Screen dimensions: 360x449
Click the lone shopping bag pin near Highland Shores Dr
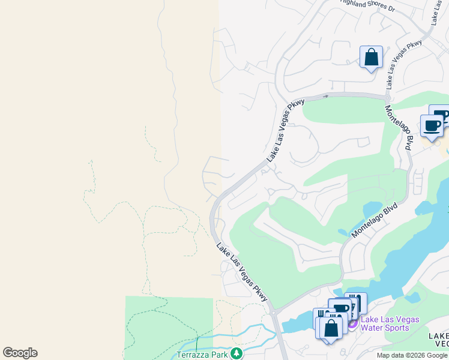point(372,58)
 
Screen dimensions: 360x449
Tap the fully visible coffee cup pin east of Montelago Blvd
point(432,126)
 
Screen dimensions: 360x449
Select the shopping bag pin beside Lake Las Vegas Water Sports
point(331,328)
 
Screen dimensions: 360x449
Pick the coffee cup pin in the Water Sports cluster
point(340,310)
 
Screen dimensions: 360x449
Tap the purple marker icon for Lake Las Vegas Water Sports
point(352,323)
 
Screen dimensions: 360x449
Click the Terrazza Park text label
point(203,354)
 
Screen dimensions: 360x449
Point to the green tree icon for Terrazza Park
point(237,353)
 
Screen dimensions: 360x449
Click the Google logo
point(20,353)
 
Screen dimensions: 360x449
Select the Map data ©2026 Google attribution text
point(412,355)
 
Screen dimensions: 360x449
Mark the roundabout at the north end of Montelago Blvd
point(388,97)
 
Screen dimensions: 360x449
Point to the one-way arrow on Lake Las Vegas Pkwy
point(326,95)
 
